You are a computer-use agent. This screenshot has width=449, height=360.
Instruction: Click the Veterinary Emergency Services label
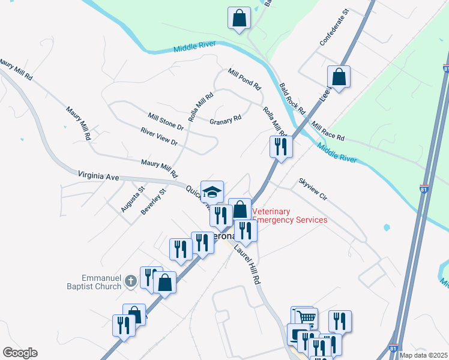pos(290,216)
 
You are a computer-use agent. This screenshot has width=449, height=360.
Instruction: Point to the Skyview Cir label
pos(313,188)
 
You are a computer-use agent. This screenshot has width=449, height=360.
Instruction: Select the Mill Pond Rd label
pos(244,79)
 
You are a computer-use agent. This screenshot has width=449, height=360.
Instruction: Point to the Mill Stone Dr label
pos(165,121)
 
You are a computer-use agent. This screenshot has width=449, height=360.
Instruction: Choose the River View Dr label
pos(159,139)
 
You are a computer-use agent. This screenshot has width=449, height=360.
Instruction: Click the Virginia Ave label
pos(99,175)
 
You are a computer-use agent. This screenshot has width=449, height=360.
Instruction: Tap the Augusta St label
pos(133,199)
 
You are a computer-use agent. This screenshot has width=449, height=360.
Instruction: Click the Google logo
pos(20,353)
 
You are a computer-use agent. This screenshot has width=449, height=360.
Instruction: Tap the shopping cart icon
pos(307,317)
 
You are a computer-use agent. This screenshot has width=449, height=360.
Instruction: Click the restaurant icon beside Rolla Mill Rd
pos(281,146)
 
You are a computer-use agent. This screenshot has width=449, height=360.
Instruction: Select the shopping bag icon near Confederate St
pos(339,76)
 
